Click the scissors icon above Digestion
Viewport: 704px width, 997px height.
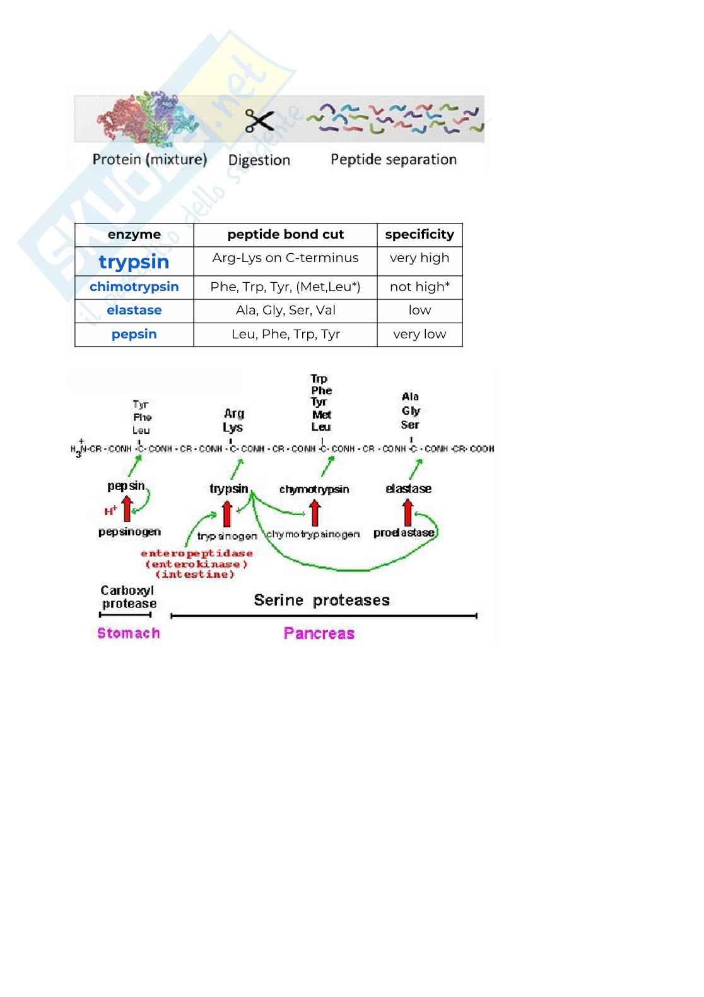pyautogui.click(x=259, y=121)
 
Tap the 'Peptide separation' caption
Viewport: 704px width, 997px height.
pyautogui.click(x=393, y=160)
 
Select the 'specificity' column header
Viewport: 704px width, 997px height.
pyautogui.click(x=419, y=234)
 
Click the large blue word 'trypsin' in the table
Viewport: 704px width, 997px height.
pyautogui.click(x=134, y=261)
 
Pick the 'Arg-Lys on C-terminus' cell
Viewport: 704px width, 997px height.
pyautogui.click(x=285, y=258)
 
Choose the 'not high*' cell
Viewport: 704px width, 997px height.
pyautogui.click(x=419, y=287)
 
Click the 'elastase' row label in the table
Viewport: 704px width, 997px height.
pyautogui.click(x=134, y=310)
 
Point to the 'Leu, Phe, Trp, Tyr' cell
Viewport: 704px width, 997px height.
pyautogui.click(x=285, y=334)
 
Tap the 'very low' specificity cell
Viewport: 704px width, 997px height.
pyautogui.click(x=419, y=334)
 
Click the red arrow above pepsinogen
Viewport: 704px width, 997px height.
pyautogui.click(x=127, y=509)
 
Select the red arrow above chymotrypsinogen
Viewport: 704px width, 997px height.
pyautogui.click(x=315, y=512)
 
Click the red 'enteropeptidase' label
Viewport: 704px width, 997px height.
pyautogui.click(x=196, y=554)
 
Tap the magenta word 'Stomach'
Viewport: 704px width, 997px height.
pyautogui.click(x=129, y=633)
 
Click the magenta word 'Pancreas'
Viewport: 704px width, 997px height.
pyautogui.click(x=319, y=633)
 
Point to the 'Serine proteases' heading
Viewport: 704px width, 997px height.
pyautogui.click(x=322, y=600)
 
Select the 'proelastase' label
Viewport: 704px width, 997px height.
pyautogui.click(x=404, y=533)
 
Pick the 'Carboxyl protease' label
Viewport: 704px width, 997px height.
pyautogui.click(x=128, y=597)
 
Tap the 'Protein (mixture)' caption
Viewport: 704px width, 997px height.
pyautogui.click(x=150, y=159)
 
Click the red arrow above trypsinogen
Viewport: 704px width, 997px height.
pyautogui.click(x=227, y=513)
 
